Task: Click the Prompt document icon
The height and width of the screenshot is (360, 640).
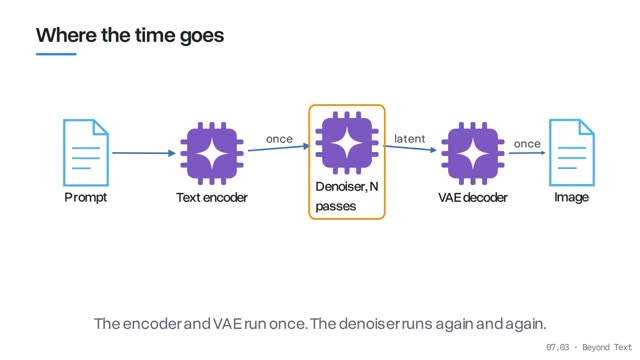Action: (x=86, y=152)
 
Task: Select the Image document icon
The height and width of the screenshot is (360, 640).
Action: (x=571, y=152)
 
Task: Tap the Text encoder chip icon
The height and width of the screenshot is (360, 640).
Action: (x=212, y=153)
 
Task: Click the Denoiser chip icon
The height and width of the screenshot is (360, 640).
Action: (x=347, y=143)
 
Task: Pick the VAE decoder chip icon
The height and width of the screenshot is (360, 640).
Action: (x=473, y=153)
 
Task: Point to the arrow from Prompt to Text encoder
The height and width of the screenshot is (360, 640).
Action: (x=144, y=153)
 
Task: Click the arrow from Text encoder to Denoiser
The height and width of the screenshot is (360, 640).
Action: (x=279, y=148)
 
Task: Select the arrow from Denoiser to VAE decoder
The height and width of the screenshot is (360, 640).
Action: (x=410, y=148)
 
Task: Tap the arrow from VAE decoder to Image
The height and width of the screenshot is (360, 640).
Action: (x=527, y=153)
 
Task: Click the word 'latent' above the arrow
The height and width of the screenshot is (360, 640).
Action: (x=409, y=139)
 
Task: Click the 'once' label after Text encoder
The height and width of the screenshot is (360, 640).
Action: (x=279, y=139)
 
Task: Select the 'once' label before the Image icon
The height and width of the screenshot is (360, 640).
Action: (x=527, y=144)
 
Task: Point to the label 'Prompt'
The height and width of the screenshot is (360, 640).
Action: (x=86, y=198)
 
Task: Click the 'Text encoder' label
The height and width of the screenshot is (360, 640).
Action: (x=212, y=198)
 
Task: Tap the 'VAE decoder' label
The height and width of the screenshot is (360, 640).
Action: (x=473, y=198)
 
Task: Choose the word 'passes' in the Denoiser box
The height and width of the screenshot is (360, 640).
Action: (x=336, y=207)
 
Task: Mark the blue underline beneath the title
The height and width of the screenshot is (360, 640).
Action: (x=56, y=54)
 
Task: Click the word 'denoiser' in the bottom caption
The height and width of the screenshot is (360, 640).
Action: (x=369, y=324)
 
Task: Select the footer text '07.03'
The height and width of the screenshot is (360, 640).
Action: (x=558, y=347)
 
